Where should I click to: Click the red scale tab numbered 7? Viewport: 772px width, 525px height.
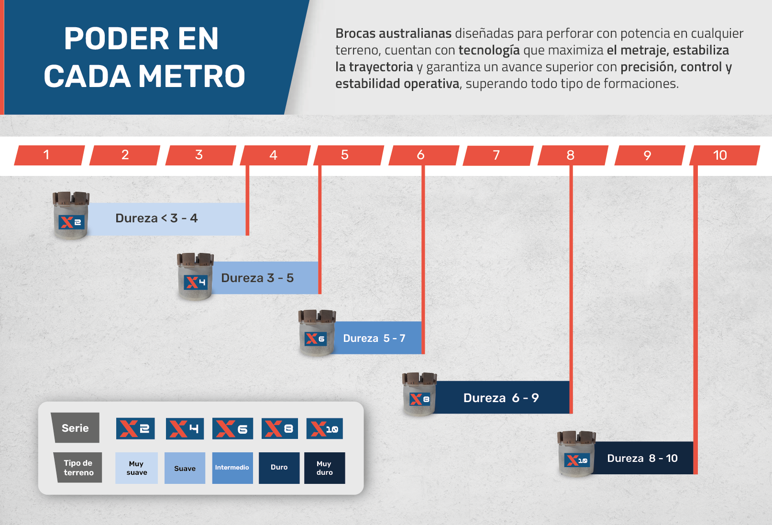pos(498,155)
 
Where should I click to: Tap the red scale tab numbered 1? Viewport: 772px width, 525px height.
pos(49,155)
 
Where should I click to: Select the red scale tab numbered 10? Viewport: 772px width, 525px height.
pos(725,155)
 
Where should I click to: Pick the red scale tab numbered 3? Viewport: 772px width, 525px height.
pos(200,155)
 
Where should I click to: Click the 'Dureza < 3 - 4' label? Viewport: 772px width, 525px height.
pos(156,218)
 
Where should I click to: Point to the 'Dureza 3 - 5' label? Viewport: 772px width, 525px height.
pos(257,278)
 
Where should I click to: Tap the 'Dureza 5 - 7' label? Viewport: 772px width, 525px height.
pos(375,339)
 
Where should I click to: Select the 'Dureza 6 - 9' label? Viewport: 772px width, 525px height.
pos(501,398)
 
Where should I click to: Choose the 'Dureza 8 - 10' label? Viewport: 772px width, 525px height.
pos(642,458)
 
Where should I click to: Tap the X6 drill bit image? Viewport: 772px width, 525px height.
pos(317,332)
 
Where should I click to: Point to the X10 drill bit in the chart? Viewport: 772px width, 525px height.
pos(576,454)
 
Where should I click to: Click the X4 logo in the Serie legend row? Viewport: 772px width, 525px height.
pos(185,428)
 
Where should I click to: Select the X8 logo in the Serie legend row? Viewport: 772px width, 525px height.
pos(279,428)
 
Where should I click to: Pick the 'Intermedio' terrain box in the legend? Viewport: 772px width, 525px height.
pos(232,468)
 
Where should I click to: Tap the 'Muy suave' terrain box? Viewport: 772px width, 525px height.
pos(136,468)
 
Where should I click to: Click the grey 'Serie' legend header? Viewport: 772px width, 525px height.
pos(76,427)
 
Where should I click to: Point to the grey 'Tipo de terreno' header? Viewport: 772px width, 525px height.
pos(78,468)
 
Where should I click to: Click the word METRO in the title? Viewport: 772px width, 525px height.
pos(192,76)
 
